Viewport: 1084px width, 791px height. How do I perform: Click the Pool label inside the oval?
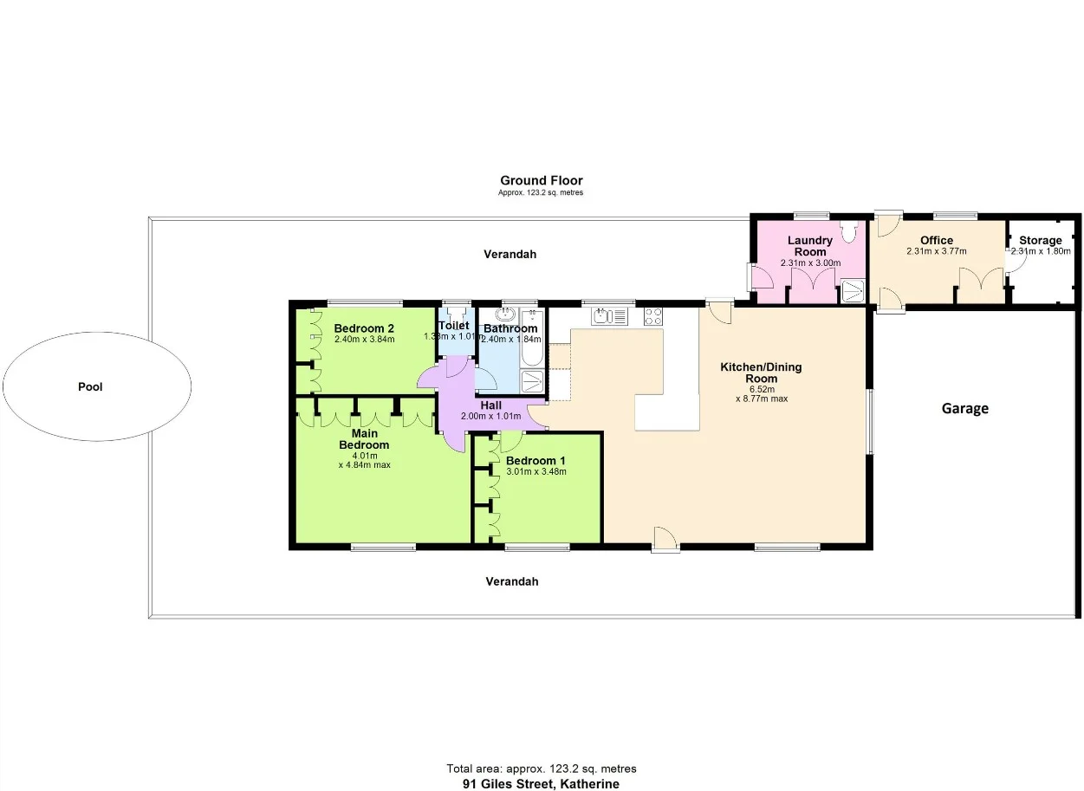click(x=90, y=387)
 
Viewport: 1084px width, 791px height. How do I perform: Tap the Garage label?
click(x=964, y=409)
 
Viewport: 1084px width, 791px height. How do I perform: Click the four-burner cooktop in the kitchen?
click(x=653, y=316)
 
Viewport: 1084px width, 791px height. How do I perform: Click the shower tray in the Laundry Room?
click(x=854, y=291)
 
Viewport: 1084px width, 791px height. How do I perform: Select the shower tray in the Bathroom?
click(x=531, y=381)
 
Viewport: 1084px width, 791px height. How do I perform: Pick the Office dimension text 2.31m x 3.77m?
click(x=936, y=251)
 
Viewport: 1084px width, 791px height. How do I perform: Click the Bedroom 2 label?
click(x=364, y=328)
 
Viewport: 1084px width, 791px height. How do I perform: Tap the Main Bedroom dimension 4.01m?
click(x=364, y=455)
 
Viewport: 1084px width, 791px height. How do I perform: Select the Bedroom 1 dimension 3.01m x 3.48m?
click(x=536, y=472)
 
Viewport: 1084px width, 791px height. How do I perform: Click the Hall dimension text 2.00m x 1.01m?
click(x=490, y=417)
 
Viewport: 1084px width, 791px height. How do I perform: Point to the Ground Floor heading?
click(x=541, y=181)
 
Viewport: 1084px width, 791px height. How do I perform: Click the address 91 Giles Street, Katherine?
click(x=541, y=784)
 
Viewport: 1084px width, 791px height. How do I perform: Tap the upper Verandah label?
click(x=510, y=255)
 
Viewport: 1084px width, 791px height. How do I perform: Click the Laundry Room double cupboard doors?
click(x=811, y=282)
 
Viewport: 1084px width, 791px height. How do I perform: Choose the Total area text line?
click(x=541, y=768)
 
